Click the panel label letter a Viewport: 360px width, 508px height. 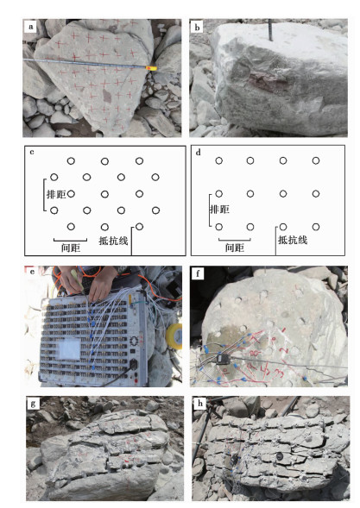31,27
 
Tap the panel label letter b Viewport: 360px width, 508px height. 197,28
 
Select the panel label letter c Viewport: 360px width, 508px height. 32,152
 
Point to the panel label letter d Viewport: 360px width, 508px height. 199,152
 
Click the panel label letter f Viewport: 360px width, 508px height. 198,274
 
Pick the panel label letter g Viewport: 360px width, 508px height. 33,404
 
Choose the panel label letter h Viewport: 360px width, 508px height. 200,404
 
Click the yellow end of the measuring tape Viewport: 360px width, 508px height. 151,68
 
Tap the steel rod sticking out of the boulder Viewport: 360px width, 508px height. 270,30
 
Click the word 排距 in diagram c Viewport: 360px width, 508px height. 56,194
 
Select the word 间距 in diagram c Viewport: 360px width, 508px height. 71,248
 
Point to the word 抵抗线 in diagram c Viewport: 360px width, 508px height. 113,241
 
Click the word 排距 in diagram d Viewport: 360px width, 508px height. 220,210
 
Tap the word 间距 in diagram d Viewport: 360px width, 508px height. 235,248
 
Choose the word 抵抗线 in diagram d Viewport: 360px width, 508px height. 293,240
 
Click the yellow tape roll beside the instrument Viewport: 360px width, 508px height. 174,336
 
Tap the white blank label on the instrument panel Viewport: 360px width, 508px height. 69,348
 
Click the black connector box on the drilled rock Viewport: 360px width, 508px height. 224,359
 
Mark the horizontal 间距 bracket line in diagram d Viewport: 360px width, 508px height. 235,240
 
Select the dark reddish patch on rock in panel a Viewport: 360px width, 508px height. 106,96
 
